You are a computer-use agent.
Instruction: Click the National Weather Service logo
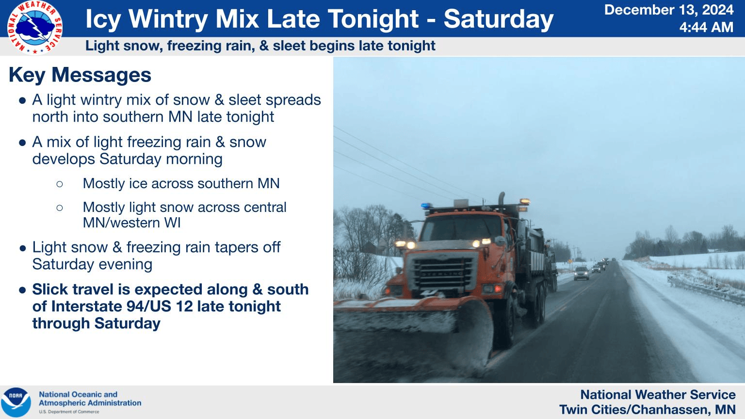click(34, 28)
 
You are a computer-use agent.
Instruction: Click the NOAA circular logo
click(16, 402)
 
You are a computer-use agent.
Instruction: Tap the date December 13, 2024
click(669, 9)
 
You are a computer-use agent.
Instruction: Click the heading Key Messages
click(80, 75)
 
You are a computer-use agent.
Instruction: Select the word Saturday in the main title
click(498, 19)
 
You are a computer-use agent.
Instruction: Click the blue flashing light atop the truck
click(426, 206)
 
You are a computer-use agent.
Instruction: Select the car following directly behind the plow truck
click(582, 273)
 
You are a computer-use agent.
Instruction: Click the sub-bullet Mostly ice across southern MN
click(181, 183)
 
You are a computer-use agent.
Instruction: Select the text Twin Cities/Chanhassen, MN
click(647, 410)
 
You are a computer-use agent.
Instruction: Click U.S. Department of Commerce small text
click(69, 412)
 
